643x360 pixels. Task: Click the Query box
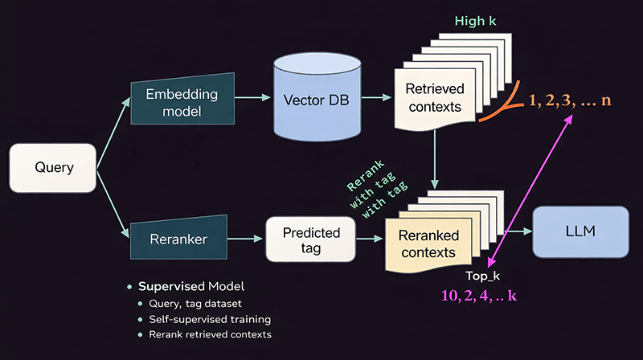[54, 168]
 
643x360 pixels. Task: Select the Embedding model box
[182, 103]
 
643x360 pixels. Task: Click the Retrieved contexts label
[434, 97]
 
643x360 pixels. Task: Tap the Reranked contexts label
[431, 244]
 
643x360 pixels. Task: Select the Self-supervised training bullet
[209, 318]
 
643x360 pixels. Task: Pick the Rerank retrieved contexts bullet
[210, 334]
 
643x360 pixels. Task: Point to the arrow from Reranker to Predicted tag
[247, 238]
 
